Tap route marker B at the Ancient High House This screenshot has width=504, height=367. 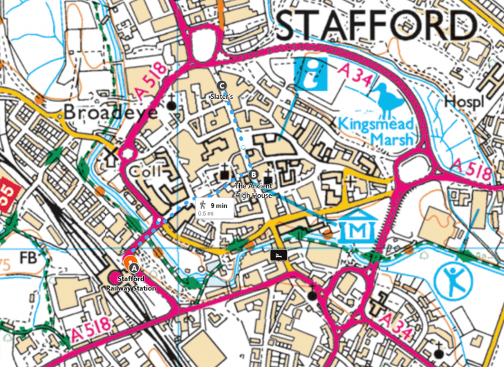(254, 174)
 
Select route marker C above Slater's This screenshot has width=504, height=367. (222, 85)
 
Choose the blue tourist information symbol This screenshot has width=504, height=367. (312, 74)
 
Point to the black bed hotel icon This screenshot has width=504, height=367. (279, 255)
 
